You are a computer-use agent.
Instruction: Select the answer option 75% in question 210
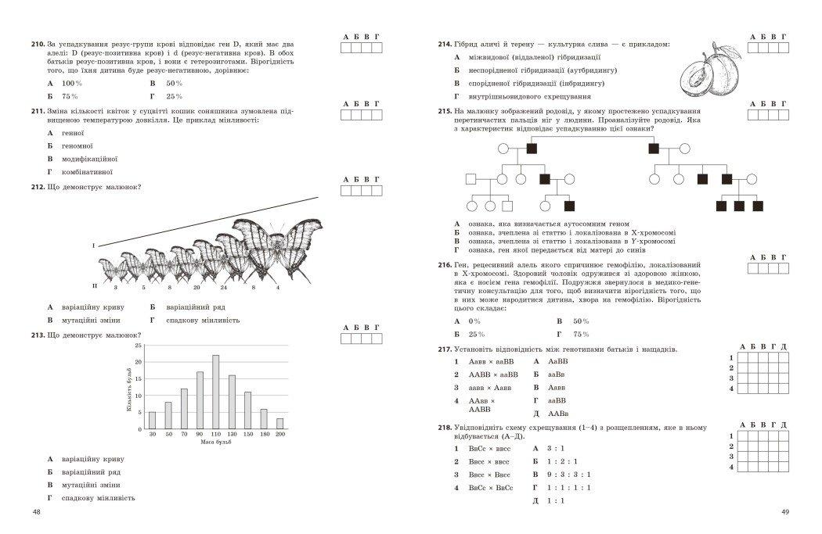70,96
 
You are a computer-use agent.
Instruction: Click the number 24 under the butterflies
223,288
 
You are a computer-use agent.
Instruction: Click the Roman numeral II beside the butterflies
94,286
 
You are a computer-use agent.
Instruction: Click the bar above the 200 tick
279,424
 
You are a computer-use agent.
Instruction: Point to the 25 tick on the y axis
139,345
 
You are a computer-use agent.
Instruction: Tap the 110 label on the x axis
215,435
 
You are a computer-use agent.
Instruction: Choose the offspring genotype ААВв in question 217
558,413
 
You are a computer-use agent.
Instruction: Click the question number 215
445,112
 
